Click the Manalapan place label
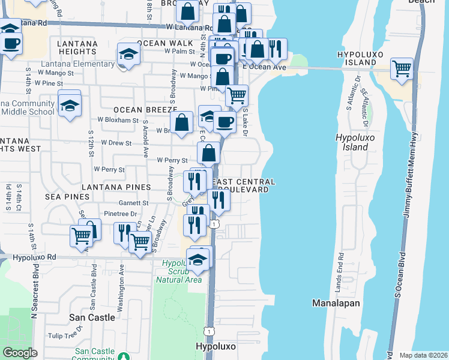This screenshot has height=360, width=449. [336, 303]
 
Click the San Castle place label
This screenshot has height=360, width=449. [92, 317]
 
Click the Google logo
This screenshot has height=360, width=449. [20, 352]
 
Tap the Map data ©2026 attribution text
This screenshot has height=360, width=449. [423, 355]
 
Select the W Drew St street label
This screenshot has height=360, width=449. [116, 143]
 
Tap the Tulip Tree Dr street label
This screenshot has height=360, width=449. [65, 335]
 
